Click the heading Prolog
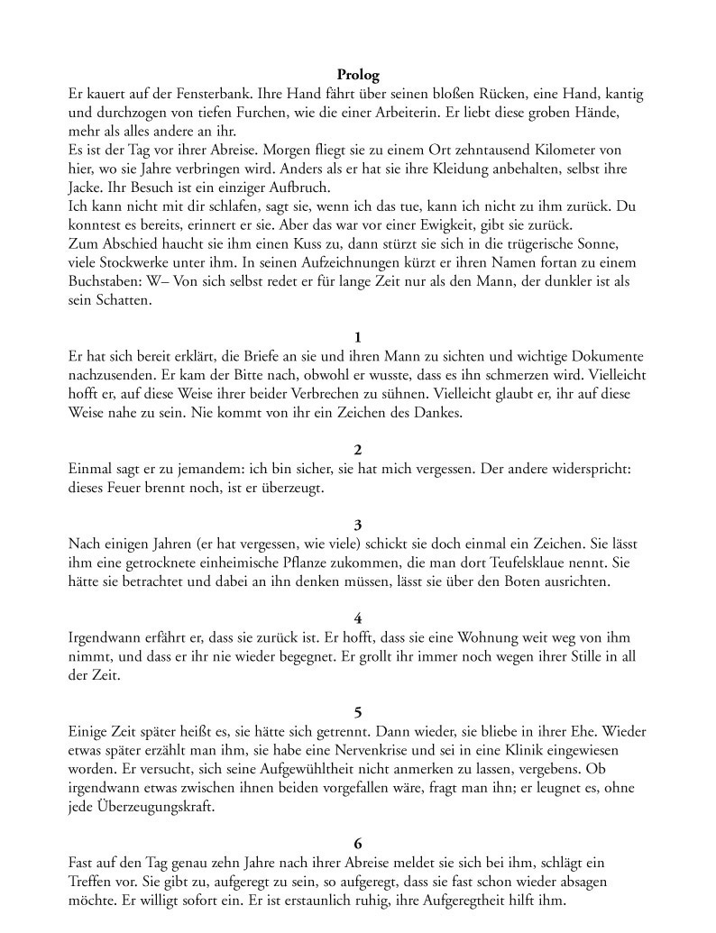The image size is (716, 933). click(358, 75)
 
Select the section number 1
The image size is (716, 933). click(358, 337)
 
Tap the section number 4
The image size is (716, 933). click(358, 618)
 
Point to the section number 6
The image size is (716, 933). click(358, 844)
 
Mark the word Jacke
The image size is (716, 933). click(86, 188)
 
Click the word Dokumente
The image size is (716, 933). click(602, 356)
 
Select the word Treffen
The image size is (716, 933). click(93, 882)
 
